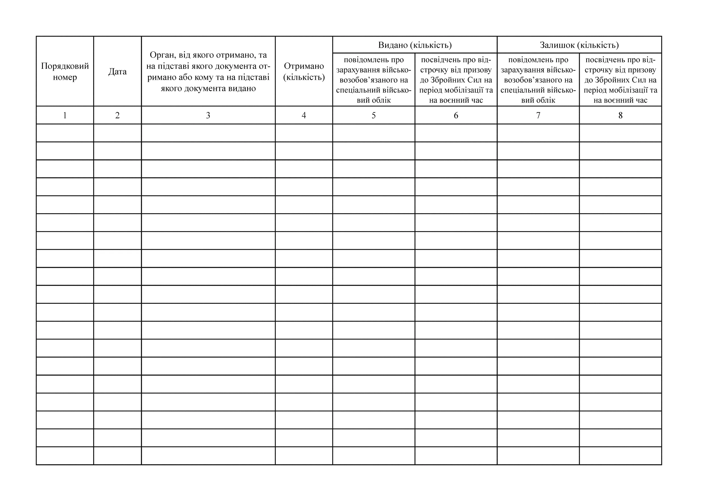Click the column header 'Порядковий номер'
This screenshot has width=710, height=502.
pyautogui.click(x=65, y=71)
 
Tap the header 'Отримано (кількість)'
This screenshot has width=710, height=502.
pyautogui.click(x=304, y=71)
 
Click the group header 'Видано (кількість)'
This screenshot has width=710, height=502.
pyautogui.click(x=415, y=45)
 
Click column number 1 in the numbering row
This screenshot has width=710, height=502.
pyautogui.click(x=65, y=115)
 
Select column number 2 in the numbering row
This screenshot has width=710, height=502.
pyautogui.click(x=118, y=115)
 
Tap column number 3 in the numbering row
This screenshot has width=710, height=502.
pyautogui.click(x=208, y=115)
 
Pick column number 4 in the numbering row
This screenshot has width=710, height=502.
pyautogui.click(x=304, y=115)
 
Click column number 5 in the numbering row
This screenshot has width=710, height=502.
pyautogui.click(x=373, y=115)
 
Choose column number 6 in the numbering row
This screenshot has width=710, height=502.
pyautogui.click(x=456, y=115)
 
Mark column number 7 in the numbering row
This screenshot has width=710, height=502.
pyautogui.click(x=538, y=115)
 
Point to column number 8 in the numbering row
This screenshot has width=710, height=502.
pyautogui.click(x=620, y=115)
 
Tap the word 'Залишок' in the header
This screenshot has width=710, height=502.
pyautogui.click(x=557, y=45)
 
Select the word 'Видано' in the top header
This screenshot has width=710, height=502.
pyautogui.click(x=393, y=45)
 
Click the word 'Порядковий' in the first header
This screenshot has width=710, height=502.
pyautogui.click(x=65, y=66)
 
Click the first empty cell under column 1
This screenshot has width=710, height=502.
pyautogui.click(x=65, y=133)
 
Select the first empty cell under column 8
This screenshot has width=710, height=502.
pyautogui.click(x=620, y=133)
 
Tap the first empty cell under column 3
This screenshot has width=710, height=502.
pyautogui.click(x=208, y=133)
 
